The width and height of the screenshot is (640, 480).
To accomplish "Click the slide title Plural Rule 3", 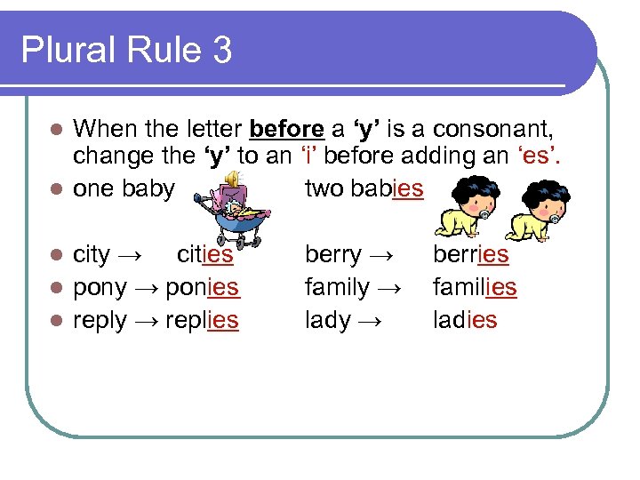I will click(126, 49).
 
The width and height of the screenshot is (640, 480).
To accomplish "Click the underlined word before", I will click(286, 130).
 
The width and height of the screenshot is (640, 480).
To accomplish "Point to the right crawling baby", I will click(544, 214).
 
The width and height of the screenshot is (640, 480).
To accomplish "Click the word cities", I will click(205, 255).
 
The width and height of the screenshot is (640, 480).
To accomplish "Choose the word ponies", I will click(202, 288).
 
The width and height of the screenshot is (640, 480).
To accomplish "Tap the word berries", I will click(470, 255).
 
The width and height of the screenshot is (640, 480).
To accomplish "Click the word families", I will click(474, 288).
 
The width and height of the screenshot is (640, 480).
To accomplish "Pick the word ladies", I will click(465, 321).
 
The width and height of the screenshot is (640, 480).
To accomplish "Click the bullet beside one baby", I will click(56, 189).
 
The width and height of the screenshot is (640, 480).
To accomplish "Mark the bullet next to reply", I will click(56, 321).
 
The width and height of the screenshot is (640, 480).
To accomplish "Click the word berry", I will click(332, 256).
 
